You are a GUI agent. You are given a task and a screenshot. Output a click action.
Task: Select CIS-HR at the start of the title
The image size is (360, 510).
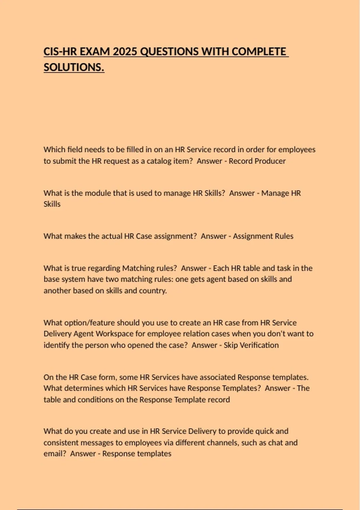[x=59, y=52]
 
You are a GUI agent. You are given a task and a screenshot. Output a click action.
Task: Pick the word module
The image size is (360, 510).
[x=97, y=193]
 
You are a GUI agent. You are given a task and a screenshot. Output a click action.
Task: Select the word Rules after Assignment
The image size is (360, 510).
[x=284, y=236]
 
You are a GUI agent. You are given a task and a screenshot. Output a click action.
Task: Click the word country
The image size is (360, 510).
[x=152, y=290]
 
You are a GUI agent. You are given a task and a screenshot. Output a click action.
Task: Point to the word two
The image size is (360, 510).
[x=112, y=279]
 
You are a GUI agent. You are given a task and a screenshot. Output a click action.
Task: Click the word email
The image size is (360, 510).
[x=54, y=454]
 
